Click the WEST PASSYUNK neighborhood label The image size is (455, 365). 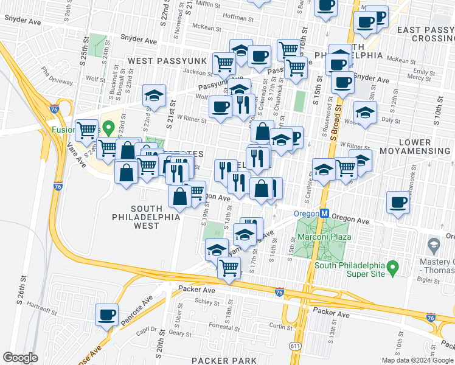pyautogui.click(x=161, y=61)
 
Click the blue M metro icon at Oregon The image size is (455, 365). pyautogui.click(x=325, y=214)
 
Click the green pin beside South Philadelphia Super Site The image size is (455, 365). pyautogui.click(x=393, y=266)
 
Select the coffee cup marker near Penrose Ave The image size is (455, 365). pyautogui.click(x=107, y=315)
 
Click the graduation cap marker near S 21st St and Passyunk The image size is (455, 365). pyautogui.click(x=155, y=95)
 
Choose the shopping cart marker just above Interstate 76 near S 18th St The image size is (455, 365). pyautogui.click(x=229, y=266)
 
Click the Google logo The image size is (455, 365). pyautogui.click(x=20, y=357)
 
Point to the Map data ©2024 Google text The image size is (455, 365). pyautogui.click(x=417, y=360)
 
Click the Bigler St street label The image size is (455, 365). pyautogui.click(x=430, y=280)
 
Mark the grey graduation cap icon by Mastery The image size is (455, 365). pyautogui.click(x=434, y=246)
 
